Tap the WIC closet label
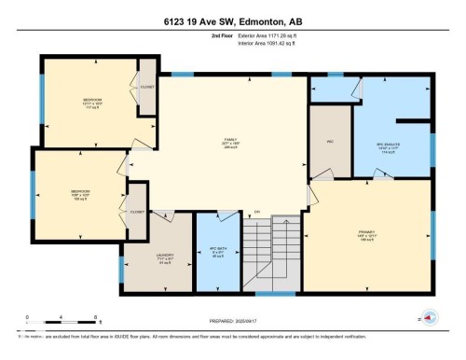tap(330, 142)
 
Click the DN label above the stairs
tap(256, 212)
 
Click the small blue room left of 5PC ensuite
tap(330, 89)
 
